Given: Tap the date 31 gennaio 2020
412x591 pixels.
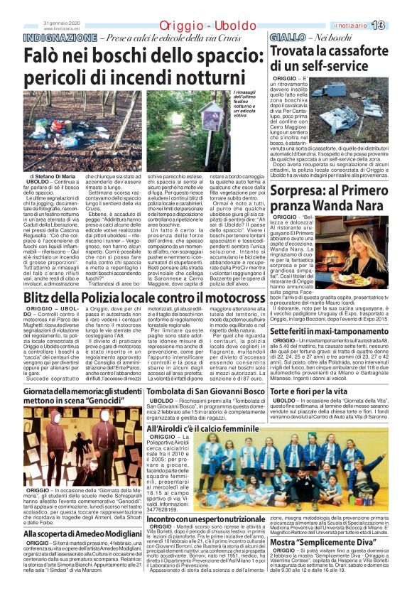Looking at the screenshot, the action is [63, 22].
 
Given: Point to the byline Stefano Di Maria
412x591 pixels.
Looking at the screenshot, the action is [53, 175].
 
